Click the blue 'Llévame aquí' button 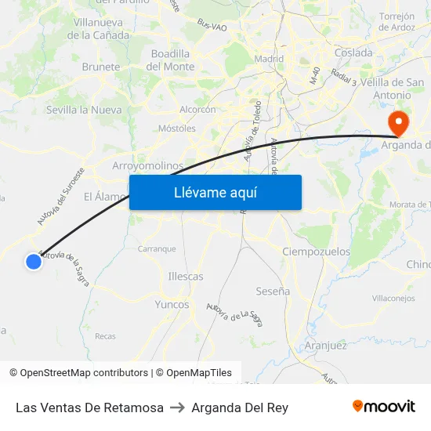coord(215,192)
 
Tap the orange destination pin coord(397,121)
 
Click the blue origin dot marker coord(33,262)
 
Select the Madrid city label coord(269,59)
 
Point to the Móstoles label coord(176,128)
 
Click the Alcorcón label coord(197,110)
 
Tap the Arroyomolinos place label coord(148,166)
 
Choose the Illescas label coord(186,277)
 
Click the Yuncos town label coord(172,305)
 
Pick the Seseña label coord(273,292)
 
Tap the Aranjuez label coord(325,346)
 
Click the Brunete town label coord(100,67)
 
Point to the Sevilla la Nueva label coord(84,110)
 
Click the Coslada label coord(353,53)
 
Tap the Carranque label coord(157,249)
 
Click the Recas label coord(105,337)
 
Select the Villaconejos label coord(393,299)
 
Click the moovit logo coord(384,407)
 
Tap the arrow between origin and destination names coord(177,407)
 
